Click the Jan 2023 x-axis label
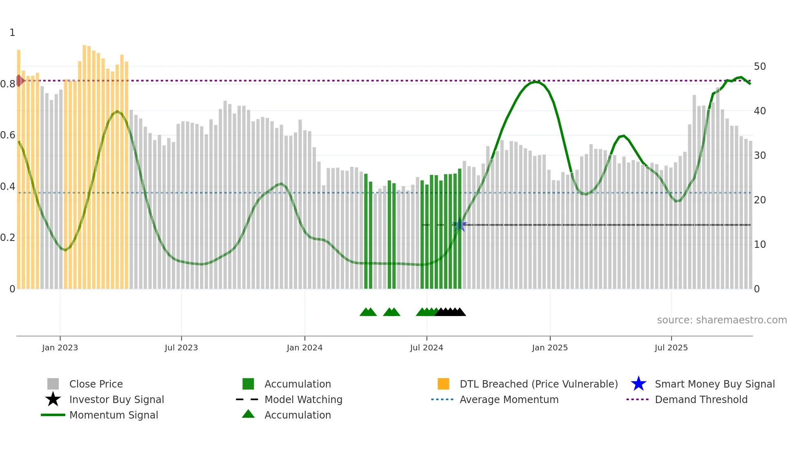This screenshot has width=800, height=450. pos(60,348)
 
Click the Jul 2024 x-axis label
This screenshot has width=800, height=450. pos(427,348)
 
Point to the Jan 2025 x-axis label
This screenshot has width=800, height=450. pos(550,348)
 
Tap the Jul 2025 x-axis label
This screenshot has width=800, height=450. pos(671,348)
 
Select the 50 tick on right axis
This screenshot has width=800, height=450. pos(760,66)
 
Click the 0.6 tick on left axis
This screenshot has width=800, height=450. pos(7,135)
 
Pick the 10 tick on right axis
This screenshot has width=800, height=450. pos(760,244)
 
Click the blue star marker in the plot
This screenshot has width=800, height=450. pos(460,225)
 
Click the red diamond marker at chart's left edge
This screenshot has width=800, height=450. pos(19,80)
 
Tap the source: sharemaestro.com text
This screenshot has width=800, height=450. pos(722,320)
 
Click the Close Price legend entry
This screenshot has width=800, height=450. pos(96,384)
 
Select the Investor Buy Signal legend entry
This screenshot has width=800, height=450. pos(116,399)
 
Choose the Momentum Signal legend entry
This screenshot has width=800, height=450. pos(113,415)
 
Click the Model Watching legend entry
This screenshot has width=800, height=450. pos(303,399)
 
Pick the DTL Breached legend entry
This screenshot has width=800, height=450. pos(538,384)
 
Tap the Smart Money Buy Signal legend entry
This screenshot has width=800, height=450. pos(714,384)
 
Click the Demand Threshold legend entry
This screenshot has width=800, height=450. pos(701,399)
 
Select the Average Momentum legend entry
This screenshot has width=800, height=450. pos(509,399)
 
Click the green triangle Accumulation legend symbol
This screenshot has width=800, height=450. pos(248,414)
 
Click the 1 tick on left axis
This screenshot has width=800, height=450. pos(12,33)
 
